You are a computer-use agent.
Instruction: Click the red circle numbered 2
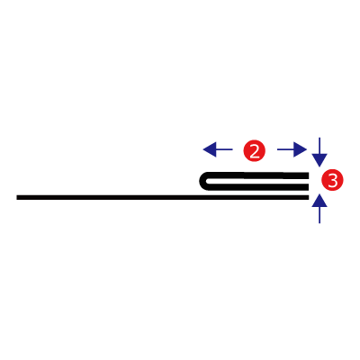point(255,150)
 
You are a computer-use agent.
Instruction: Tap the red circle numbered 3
point(332,180)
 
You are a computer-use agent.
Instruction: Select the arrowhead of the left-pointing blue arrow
point(210,149)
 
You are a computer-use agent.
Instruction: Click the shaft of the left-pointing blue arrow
point(224,149)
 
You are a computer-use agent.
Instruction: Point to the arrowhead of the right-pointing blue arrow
point(300,149)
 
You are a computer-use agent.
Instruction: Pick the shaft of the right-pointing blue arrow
point(285,149)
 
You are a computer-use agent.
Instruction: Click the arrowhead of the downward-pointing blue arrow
point(319,160)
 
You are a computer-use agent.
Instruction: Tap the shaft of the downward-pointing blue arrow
point(319,146)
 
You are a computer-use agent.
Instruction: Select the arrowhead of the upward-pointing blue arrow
point(319,201)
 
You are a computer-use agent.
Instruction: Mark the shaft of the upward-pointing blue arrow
point(319,215)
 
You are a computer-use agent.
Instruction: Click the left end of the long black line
point(17,197)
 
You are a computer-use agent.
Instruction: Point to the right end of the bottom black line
point(309,197)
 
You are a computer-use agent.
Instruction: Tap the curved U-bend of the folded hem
point(202,182)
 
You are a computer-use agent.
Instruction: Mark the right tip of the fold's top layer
point(309,175)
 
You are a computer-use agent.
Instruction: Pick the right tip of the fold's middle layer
point(309,187)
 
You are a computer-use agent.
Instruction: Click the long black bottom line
point(163,197)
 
